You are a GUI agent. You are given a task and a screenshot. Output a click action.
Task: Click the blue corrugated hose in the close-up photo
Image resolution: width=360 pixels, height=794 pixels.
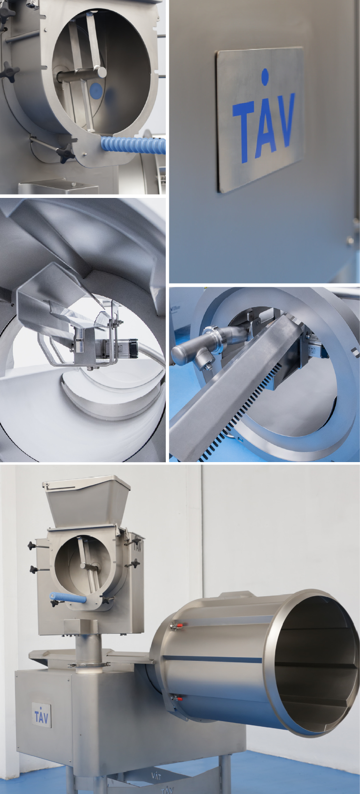pos(133,146)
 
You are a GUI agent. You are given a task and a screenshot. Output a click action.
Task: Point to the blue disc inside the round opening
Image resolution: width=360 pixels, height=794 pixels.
pos(96,91)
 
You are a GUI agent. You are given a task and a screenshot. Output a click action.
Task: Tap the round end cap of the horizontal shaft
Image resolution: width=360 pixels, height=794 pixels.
pos(102,72)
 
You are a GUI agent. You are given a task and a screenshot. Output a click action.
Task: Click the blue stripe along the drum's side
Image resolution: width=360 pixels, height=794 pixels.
pos(212,659)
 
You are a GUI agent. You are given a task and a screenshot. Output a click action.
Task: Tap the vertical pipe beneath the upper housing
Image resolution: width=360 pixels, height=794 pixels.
pos(88,642)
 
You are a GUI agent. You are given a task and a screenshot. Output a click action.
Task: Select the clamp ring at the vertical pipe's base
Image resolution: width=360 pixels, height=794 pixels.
pos(88,664)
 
